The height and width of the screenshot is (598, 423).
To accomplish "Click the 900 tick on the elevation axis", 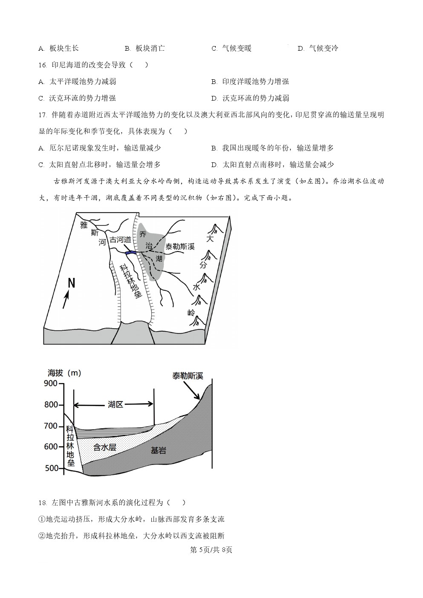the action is (x=61, y=384).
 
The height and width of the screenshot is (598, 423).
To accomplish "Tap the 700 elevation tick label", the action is (x=51, y=426).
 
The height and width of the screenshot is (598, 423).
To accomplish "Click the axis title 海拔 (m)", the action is (x=64, y=373).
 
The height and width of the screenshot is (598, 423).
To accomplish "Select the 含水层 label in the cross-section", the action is (x=104, y=447).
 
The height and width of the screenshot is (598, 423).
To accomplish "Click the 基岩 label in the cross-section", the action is (x=158, y=451).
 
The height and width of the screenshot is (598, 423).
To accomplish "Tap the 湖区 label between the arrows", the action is (x=116, y=404).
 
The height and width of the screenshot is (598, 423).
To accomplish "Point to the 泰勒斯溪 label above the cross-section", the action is (x=188, y=376).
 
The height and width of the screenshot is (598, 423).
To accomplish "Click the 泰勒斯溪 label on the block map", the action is (x=180, y=246).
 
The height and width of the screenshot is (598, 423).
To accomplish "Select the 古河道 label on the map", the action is (x=120, y=240).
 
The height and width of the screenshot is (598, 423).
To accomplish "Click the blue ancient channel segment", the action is (x=131, y=252).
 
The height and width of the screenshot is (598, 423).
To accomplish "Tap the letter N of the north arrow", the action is (x=71, y=283).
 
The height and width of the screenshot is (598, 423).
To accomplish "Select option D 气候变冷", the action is (x=318, y=48).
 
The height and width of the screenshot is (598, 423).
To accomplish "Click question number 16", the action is (x=43, y=65).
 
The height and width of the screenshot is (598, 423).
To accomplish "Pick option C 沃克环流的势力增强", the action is (x=77, y=98).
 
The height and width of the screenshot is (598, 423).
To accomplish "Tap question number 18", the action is (x=43, y=503).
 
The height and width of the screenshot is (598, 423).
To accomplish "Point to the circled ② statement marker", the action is (x=42, y=536).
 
